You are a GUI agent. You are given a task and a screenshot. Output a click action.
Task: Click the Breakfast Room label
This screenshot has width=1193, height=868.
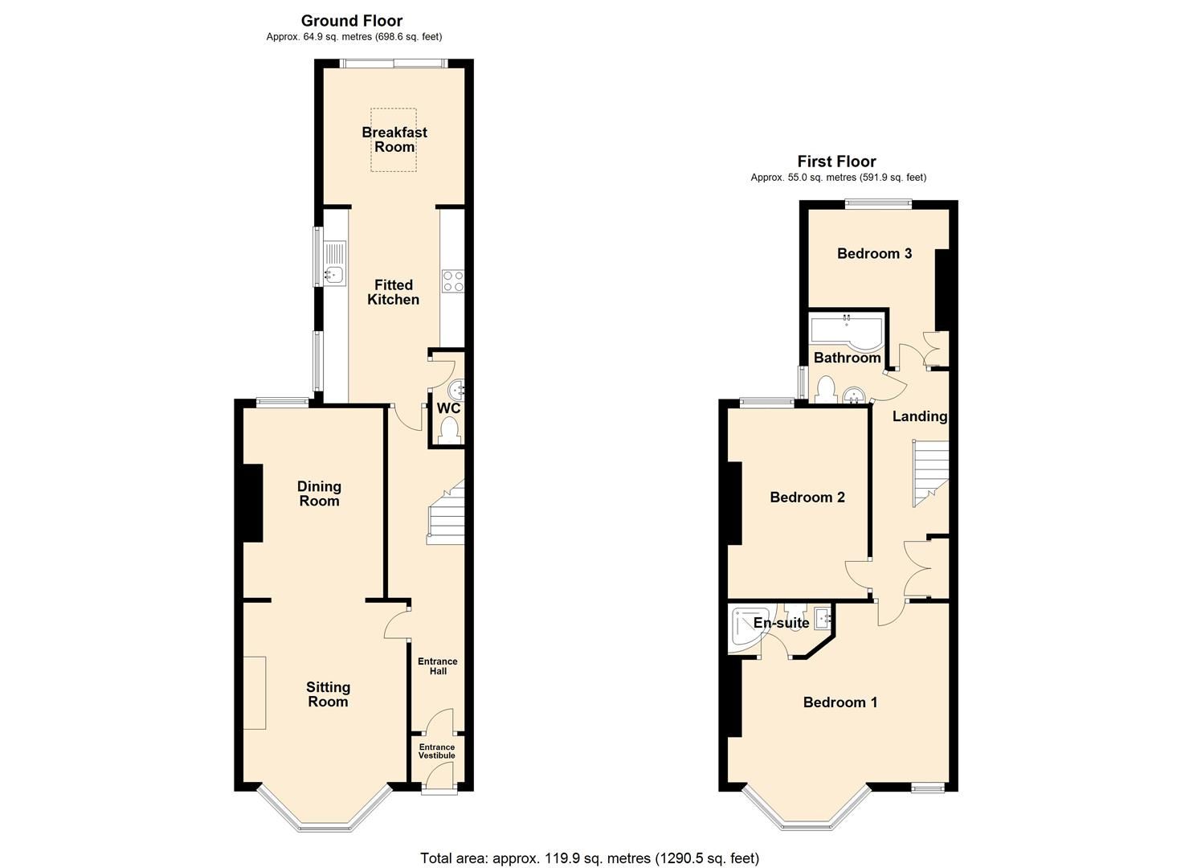pos(394,140)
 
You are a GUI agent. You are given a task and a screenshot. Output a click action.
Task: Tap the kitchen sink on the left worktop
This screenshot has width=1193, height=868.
pos(334,276)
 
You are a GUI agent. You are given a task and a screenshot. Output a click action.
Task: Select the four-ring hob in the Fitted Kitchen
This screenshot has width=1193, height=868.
pos(452,280)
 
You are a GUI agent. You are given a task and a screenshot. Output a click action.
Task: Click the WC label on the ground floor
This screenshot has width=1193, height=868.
pos(448,408)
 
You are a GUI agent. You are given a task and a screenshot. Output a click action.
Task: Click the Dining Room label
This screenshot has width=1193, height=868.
pos(319,493)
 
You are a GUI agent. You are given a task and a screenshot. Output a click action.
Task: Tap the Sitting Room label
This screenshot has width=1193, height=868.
pos(328,694)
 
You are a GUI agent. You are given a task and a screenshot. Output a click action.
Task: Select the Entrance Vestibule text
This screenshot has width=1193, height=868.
pos(437,751)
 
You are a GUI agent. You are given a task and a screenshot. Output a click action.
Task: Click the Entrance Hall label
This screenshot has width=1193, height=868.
pos(437,666)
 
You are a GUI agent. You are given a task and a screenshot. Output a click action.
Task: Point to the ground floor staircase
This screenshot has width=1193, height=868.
pos(445,514)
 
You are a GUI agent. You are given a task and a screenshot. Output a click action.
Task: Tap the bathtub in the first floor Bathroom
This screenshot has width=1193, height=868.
pos(846,330)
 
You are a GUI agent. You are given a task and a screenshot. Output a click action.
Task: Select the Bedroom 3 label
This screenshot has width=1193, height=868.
pos(874,254)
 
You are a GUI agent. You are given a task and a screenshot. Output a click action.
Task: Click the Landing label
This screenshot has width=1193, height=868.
pos(920,416)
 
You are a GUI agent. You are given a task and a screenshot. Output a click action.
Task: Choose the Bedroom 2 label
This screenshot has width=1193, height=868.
pos(807,497)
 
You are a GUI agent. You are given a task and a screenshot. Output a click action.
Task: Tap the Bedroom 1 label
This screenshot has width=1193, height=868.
pos(840,702)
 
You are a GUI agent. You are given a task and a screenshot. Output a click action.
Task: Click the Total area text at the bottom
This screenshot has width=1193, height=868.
pos(590,858)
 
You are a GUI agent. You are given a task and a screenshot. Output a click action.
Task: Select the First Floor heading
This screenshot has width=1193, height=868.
pos(836,162)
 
